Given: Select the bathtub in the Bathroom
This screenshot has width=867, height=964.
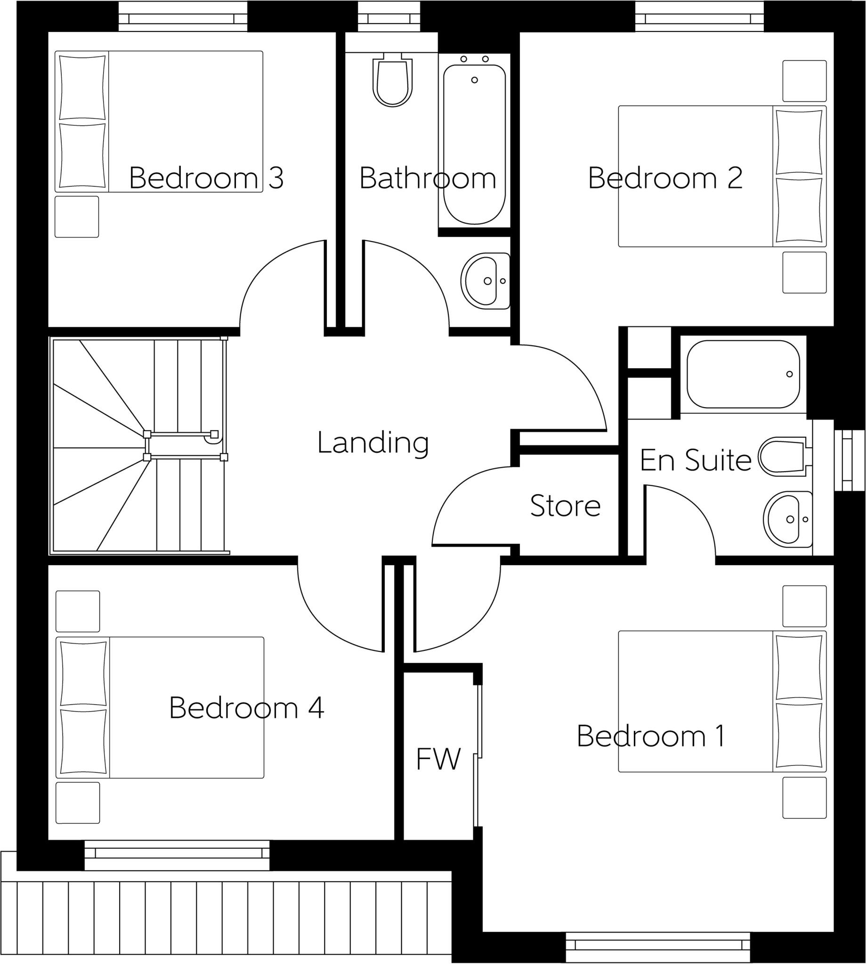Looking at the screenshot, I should (x=474, y=143).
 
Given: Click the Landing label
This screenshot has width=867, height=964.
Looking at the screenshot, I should (x=373, y=443).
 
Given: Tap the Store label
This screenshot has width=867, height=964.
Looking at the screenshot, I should (x=565, y=506).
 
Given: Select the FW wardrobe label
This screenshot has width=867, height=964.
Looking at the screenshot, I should (x=438, y=759).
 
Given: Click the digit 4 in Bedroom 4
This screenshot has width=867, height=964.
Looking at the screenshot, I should (x=316, y=708).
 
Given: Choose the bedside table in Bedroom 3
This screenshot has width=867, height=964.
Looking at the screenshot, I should (x=77, y=217).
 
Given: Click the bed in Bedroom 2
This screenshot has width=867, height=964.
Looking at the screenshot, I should (x=721, y=176).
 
